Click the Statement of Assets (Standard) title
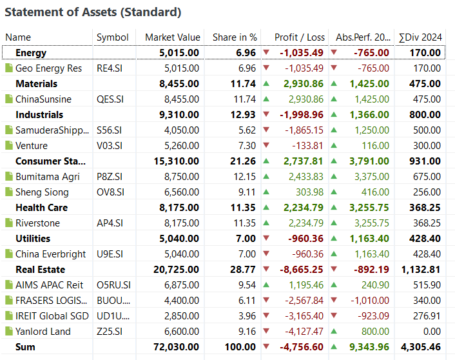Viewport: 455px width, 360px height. [93, 12]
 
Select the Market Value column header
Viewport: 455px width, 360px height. [172, 37]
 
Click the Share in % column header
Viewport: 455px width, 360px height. [235, 37]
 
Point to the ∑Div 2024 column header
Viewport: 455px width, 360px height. [420, 37]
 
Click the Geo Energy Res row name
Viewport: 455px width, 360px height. [48, 68]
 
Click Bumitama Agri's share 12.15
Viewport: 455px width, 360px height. [245, 177]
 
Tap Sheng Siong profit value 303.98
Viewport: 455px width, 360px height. [308, 192]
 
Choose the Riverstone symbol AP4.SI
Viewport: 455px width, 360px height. [111, 223]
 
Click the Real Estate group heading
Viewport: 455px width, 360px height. [39, 270]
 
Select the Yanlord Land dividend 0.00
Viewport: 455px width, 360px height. [429, 332]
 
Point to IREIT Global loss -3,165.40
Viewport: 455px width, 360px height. [302, 316]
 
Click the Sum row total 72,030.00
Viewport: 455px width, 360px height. [176, 347]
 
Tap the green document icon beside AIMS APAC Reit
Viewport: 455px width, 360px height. [9, 285]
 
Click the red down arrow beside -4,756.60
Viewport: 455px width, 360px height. [266, 347]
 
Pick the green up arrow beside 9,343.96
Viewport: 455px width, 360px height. [334, 347]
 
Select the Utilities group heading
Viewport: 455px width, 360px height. [33, 239]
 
